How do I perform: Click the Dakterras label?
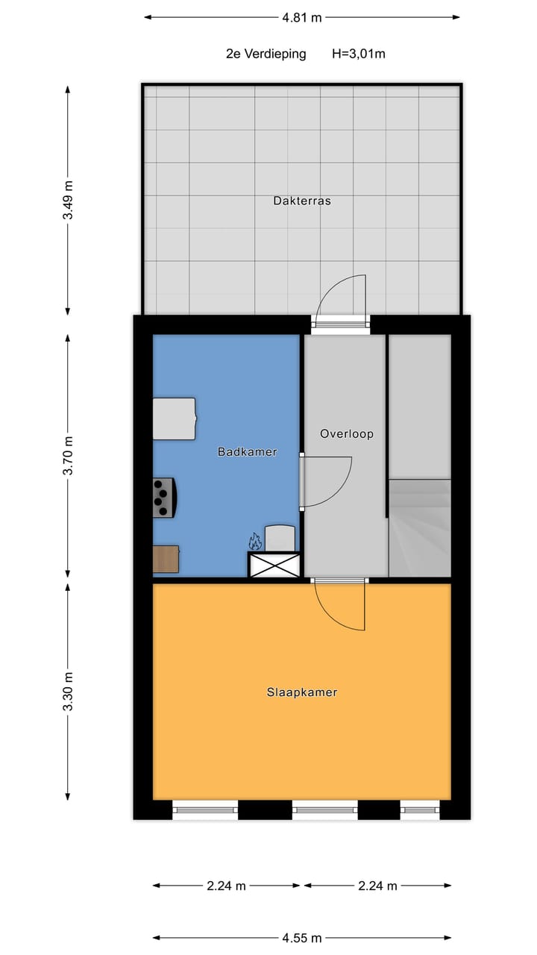(301, 201)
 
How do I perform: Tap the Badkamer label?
(247, 451)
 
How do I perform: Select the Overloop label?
(346, 433)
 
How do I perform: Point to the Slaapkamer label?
(302, 692)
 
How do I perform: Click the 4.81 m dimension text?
(301, 17)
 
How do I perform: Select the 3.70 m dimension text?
(68, 457)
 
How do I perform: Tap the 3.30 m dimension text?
(68, 690)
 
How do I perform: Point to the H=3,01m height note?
(358, 54)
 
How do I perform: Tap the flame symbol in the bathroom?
(254, 540)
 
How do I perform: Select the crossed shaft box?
(274, 565)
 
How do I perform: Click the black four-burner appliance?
(164, 498)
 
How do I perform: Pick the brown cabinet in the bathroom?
(166, 559)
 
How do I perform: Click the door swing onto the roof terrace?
(341, 298)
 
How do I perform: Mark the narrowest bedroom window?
(420, 809)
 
